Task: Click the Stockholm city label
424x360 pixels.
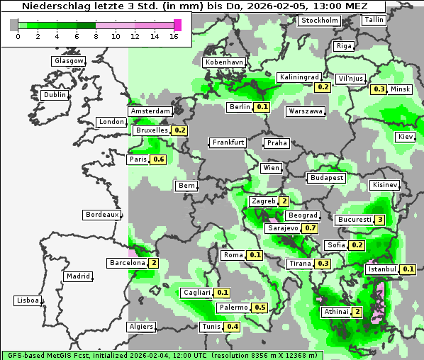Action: pyautogui.click(x=319, y=20)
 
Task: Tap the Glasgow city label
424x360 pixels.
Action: pyautogui.click(x=69, y=61)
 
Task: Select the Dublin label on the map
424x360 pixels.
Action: pyautogui.click(x=55, y=95)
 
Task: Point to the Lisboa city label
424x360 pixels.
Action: pyautogui.click(x=27, y=300)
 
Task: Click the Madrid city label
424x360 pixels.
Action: pyautogui.click(x=77, y=276)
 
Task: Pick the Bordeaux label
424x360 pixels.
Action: pyautogui.click(x=101, y=215)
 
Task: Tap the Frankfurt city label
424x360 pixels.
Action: pyautogui.click(x=228, y=142)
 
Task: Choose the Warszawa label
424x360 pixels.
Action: pyautogui.click(x=306, y=111)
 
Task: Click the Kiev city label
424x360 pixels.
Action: pyautogui.click(x=406, y=136)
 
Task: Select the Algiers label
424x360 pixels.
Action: pyautogui.click(x=140, y=327)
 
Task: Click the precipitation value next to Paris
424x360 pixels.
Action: pyautogui.click(x=159, y=159)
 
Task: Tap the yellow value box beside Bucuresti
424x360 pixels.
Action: pyautogui.click(x=380, y=220)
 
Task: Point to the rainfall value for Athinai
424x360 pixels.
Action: pyautogui.click(x=357, y=312)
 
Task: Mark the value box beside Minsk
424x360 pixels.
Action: pyautogui.click(x=379, y=89)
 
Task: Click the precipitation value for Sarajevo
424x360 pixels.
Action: pyautogui.click(x=310, y=228)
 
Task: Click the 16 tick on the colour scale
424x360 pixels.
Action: pyautogui.click(x=174, y=35)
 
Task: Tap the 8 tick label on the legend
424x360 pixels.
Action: pyautogui.click(x=96, y=35)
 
